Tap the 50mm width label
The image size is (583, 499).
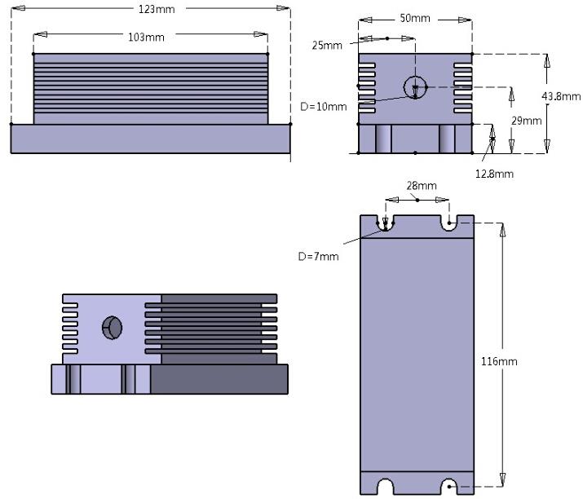[x=416, y=19]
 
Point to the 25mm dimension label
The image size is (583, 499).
[x=327, y=45]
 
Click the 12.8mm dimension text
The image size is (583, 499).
[x=494, y=174]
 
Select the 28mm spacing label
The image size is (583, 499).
[x=417, y=186]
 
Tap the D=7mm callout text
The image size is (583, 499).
[x=319, y=256]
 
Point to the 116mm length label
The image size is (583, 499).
[x=498, y=360]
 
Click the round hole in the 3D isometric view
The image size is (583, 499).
[x=112, y=328]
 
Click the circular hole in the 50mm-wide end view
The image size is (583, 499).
[x=415, y=86]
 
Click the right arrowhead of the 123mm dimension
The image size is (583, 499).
[x=285, y=9]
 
